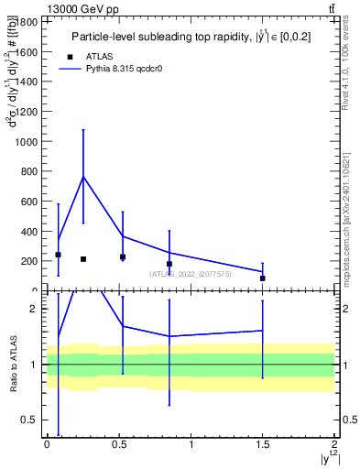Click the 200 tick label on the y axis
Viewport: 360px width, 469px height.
click(32, 261)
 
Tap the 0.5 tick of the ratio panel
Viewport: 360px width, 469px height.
click(35, 420)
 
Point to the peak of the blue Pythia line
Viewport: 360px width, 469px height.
click(83, 177)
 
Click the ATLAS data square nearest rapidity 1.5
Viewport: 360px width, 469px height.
click(262, 278)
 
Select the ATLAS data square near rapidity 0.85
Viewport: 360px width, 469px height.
click(169, 264)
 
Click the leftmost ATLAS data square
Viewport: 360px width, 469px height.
click(58, 255)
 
